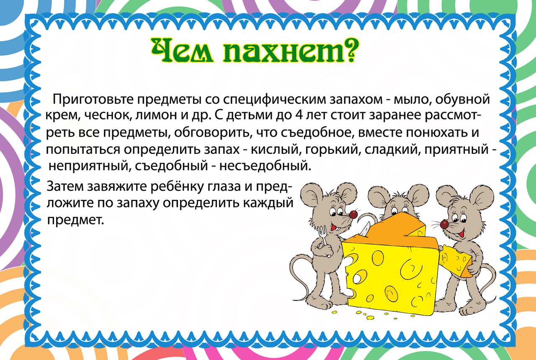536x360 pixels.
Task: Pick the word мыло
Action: pyautogui.click(x=410, y=100)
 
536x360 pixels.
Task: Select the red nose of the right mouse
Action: pyautogui.click(x=444, y=224)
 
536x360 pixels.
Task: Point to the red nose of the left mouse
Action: pyautogui.click(x=353, y=215)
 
